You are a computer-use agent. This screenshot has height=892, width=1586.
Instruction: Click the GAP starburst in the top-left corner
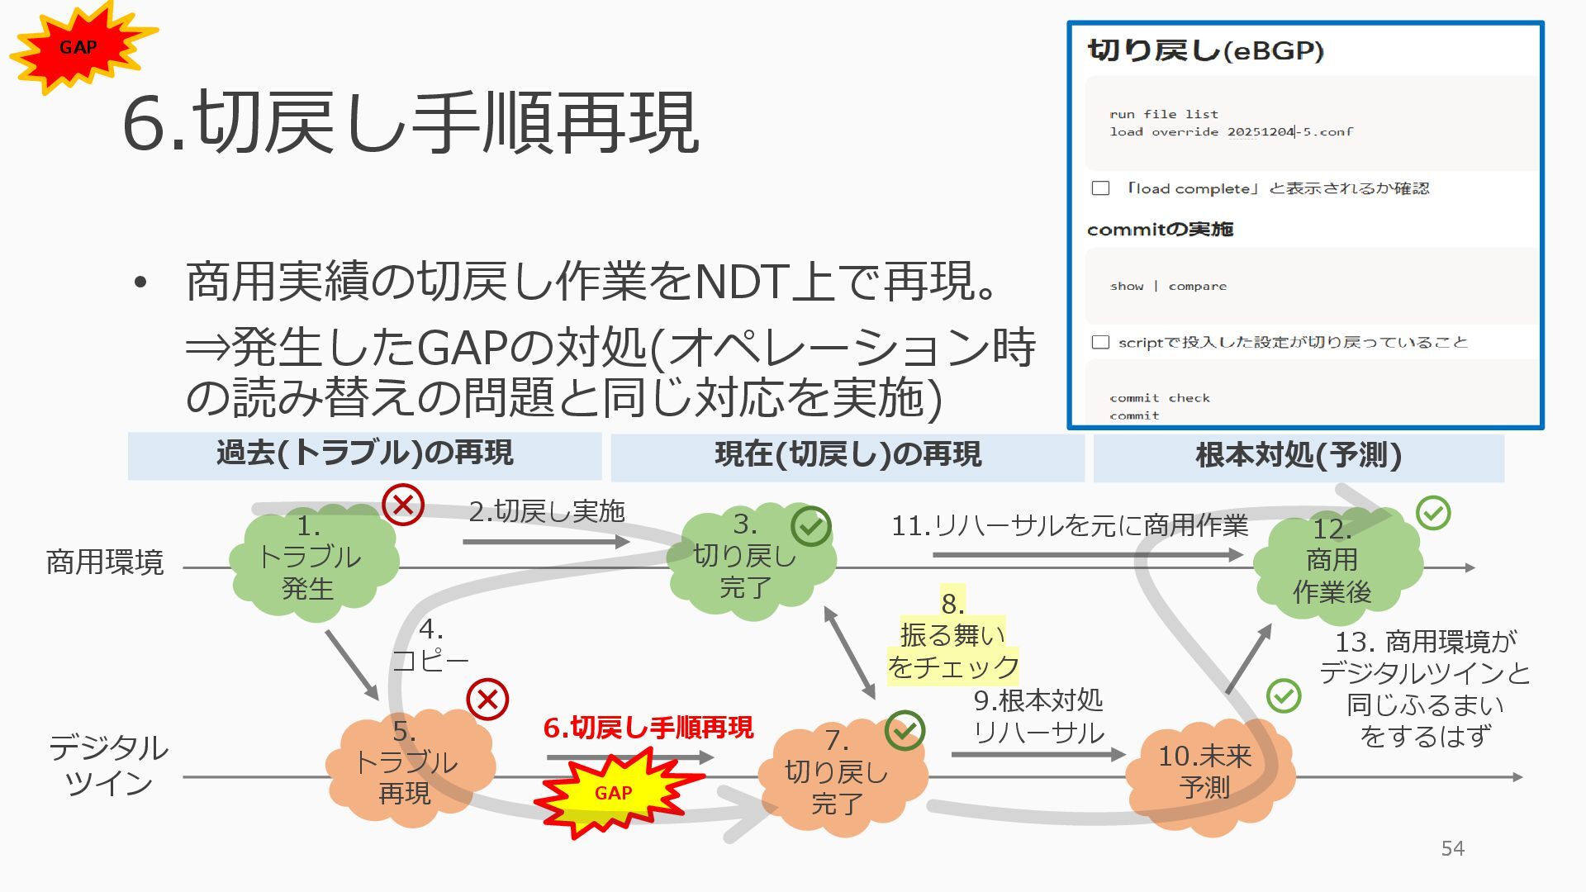click(79, 48)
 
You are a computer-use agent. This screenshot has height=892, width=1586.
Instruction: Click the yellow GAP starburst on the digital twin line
click(613, 793)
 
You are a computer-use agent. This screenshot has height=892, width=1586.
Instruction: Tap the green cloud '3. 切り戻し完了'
click(747, 558)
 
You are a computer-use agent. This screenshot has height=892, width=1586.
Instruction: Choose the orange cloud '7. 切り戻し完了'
click(838, 773)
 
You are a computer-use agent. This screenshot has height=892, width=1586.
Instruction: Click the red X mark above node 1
click(403, 504)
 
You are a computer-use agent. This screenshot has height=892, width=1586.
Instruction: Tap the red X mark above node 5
click(487, 700)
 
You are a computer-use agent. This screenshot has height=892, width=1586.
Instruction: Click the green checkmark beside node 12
click(1433, 513)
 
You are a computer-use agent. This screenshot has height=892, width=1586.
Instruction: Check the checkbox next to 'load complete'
click(1100, 188)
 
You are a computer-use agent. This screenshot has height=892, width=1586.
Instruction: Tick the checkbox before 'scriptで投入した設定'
click(1100, 342)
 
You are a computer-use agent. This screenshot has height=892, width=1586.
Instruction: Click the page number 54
click(1452, 848)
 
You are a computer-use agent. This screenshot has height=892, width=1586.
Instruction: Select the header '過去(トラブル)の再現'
click(364, 454)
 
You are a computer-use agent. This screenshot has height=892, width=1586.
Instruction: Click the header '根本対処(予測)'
click(1298, 456)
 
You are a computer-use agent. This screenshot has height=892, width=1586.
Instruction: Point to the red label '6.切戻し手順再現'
click(648, 728)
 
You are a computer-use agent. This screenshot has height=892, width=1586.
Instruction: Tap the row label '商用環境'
click(105, 562)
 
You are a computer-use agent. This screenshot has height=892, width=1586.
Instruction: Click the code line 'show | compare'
click(1168, 287)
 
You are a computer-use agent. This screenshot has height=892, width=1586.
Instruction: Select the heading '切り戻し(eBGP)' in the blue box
click(1205, 51)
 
